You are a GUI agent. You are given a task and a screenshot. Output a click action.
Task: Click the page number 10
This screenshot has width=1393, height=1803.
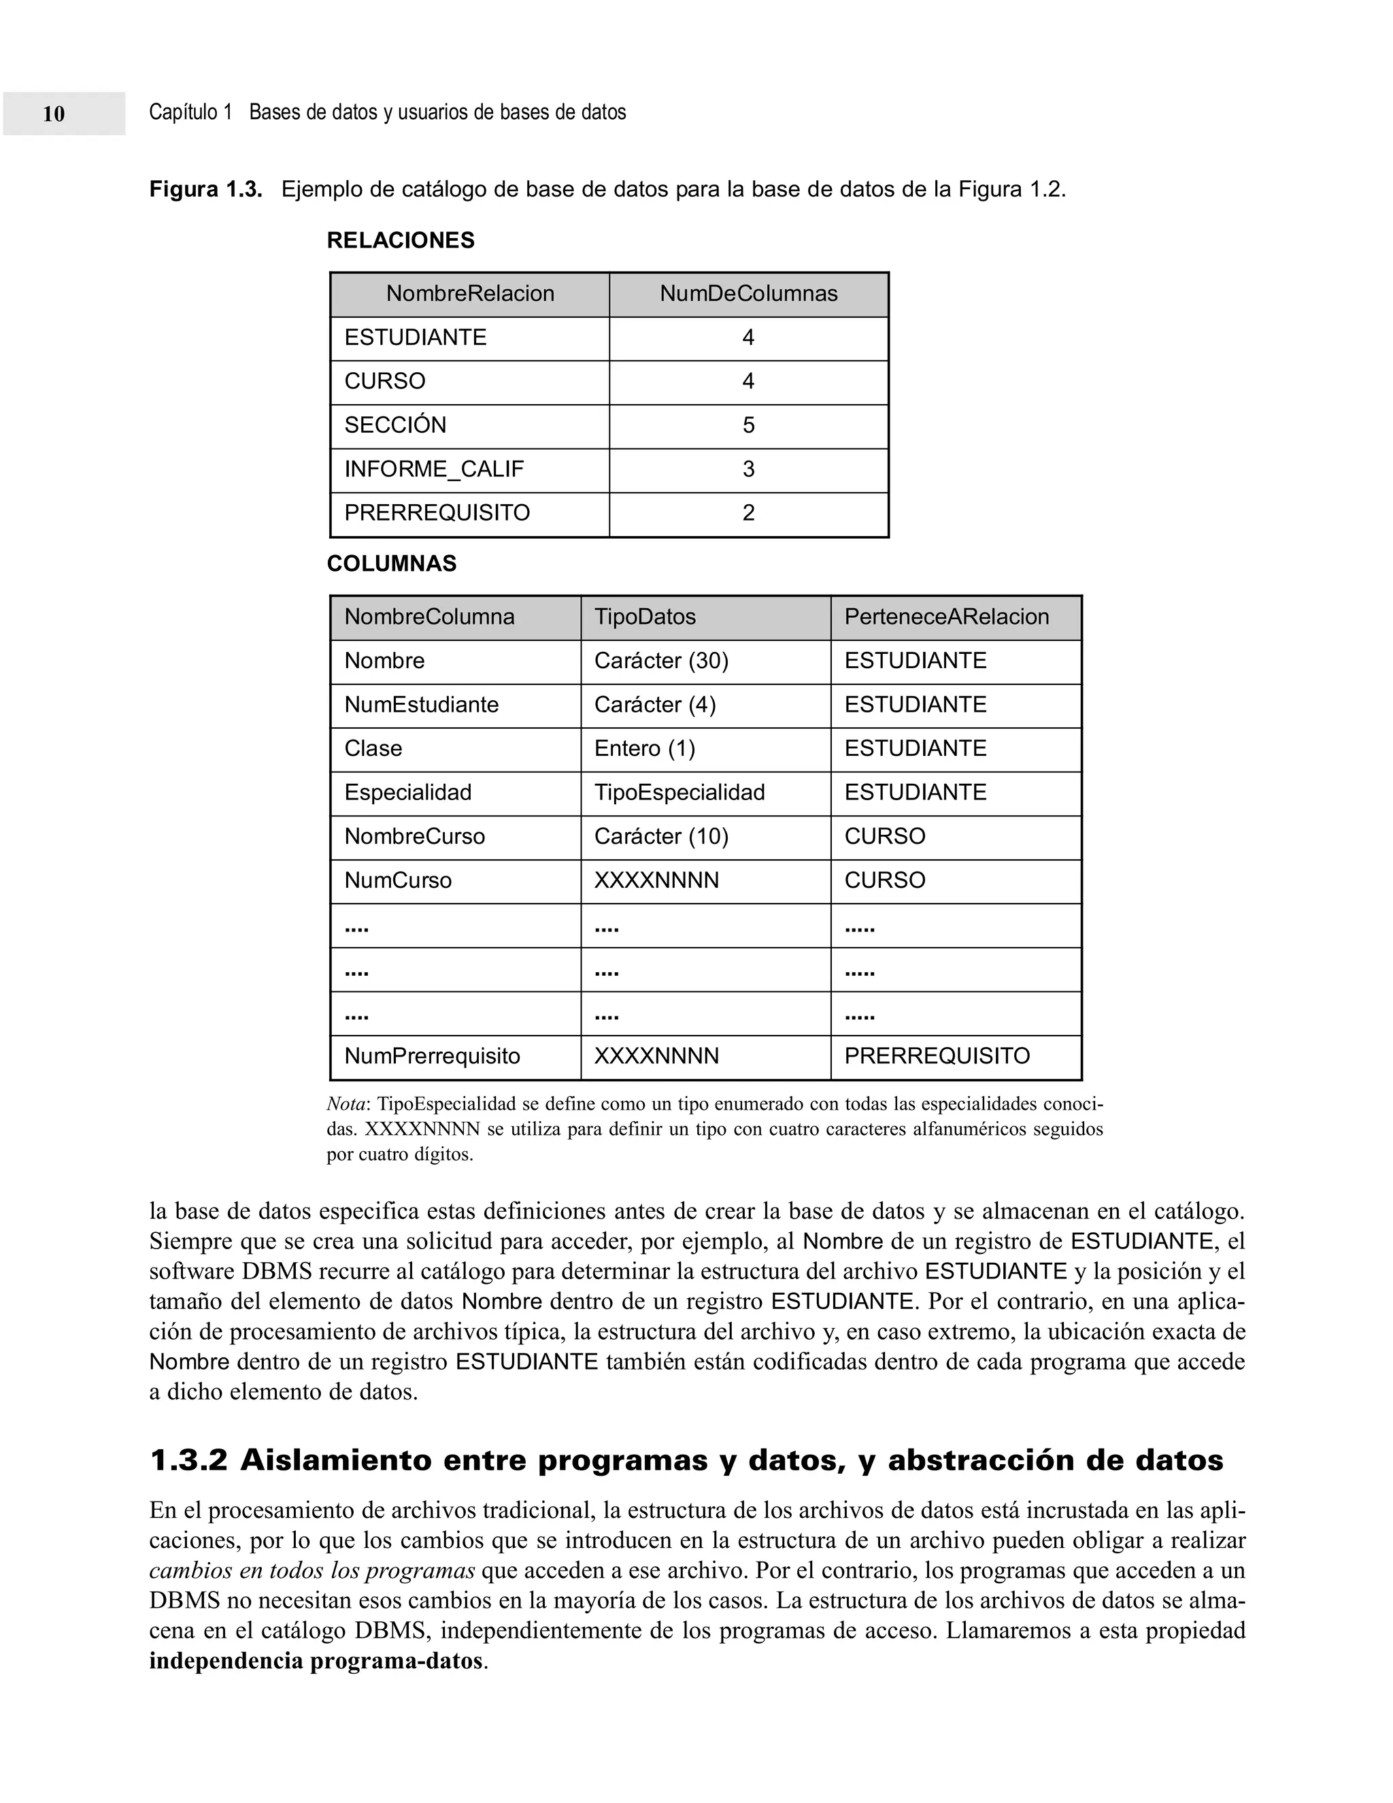pyautogui.click(x=54, y=114)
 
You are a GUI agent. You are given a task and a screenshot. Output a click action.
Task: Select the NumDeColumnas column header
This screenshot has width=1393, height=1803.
pyautogui.click(x=748, y=294)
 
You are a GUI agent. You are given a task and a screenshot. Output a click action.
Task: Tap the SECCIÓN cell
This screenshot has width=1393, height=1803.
pyautogui.click(x=395, y=425)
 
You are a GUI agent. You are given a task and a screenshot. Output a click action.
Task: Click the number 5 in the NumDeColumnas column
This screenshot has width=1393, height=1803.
pyautogui.click(x=748, y=425)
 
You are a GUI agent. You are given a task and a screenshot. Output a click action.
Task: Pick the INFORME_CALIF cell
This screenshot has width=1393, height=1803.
pyautogui.click(x=433, y=469)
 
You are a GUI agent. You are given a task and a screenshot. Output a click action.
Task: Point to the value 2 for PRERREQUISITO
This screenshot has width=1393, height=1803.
pyautogui.click(x=748, y=513)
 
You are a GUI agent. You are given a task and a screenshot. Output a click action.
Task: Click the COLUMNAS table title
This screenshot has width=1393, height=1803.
pyautogui.click(x=391, y=564)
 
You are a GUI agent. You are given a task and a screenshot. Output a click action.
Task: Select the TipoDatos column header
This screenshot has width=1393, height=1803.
pyautogui.click(x=645, y=616)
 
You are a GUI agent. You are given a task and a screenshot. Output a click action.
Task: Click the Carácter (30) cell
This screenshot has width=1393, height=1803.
pyautogui.click(x=661, y=661)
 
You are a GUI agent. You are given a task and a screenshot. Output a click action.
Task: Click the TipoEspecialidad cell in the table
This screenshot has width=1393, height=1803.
pyautogui.click(x=679, y=793)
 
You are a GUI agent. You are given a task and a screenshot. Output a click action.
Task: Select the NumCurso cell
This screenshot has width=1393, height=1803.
pyautogui.click(x=398, y=880)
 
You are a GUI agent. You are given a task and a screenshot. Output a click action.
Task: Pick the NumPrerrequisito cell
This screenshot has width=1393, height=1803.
pyautogui.click(x=432, y=1056)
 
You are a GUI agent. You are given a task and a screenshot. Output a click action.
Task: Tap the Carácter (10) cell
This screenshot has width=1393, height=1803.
pyautogui.click(x=661, y=836)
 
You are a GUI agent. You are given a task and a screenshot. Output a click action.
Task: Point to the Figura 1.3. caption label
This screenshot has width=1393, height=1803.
pyautogui.click(x=205, y=190)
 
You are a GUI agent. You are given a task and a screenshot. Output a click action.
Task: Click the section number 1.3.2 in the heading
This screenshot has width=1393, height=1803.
pyautogui.click(x=188, y=1461)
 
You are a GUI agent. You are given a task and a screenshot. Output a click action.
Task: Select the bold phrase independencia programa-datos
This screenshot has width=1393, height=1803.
pyautogui.click(x=315, y=1661)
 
